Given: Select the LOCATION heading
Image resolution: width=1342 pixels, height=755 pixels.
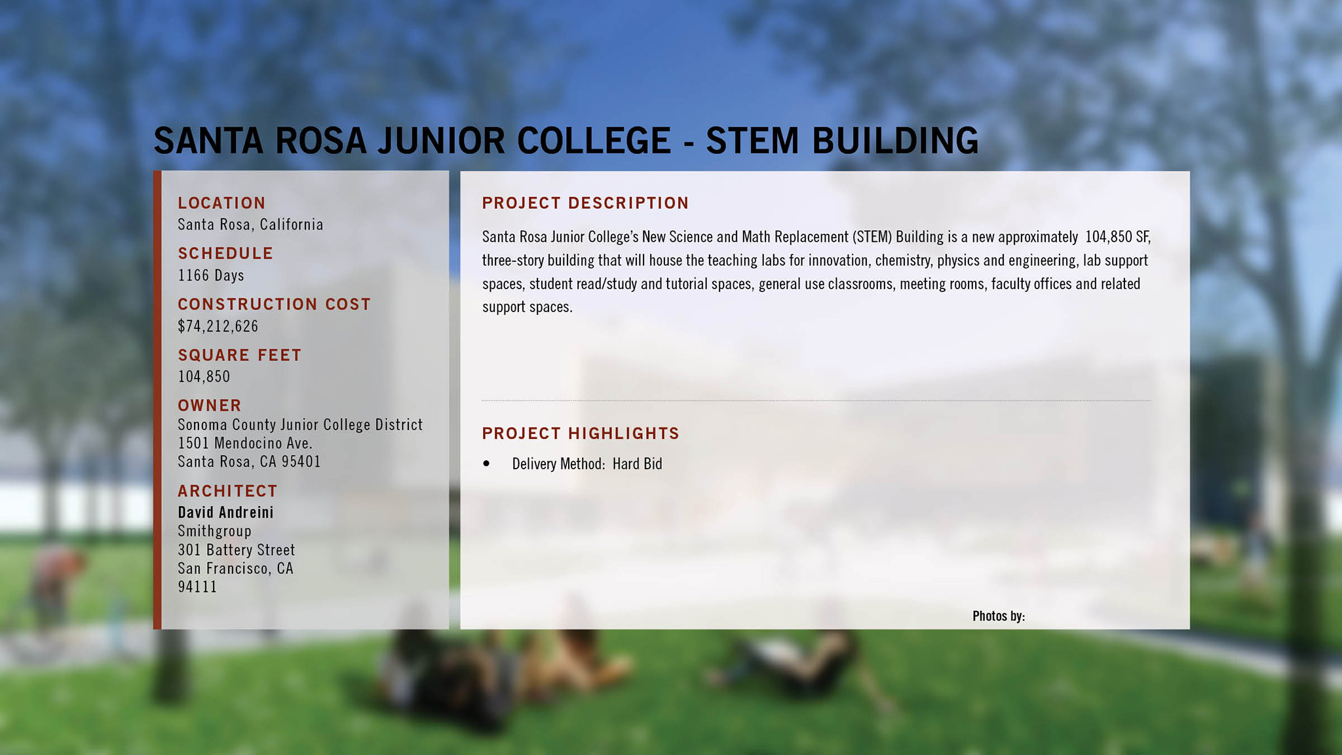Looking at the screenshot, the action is click(222, 203).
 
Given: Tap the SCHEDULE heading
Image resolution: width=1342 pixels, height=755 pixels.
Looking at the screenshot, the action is click(225, 254).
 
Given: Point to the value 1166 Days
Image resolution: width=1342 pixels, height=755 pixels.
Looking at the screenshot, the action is click(211, 275).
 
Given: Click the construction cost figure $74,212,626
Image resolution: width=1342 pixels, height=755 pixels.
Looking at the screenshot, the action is click(218, 326).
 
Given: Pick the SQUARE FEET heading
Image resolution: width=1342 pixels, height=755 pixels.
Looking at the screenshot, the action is click(240, 355).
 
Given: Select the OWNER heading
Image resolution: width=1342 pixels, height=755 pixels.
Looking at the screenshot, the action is click(210, 406).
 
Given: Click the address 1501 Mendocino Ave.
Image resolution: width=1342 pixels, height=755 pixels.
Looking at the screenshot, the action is click(245, 443).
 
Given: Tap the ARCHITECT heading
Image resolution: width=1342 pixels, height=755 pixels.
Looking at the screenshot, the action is click(227, 491).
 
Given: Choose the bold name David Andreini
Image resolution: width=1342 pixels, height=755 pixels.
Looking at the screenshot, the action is click(225, 513).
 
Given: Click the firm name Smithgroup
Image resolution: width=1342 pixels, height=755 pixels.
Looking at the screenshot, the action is click(214, 532).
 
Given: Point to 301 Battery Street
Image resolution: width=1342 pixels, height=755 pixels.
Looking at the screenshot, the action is click(237, 550).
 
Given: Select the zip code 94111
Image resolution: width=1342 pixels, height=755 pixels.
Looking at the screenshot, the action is click(197, 587).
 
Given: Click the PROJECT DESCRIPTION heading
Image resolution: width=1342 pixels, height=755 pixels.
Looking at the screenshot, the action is click(585, 203).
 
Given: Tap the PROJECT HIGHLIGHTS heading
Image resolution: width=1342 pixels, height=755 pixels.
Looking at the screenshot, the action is click(581, 433).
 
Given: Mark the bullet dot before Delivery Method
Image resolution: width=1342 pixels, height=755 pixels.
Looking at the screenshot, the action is click(486, 463).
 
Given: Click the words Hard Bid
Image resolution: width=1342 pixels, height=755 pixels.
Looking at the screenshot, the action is click(638, 464).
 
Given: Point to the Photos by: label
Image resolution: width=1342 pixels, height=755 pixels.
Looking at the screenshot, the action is click(999, 616).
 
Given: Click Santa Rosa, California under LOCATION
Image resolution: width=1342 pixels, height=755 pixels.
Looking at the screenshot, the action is click(250, 225).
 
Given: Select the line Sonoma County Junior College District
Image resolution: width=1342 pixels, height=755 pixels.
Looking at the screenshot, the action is click(300, 425).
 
